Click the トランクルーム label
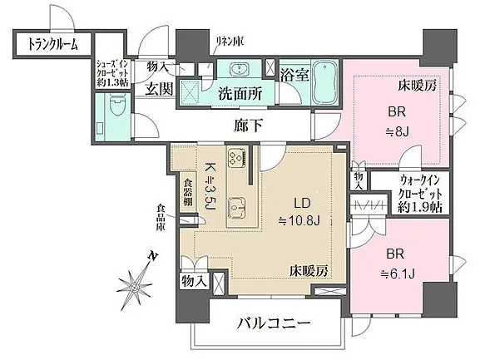pos(52,44)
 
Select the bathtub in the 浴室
pos(326,81)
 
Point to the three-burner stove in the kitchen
pos(236,156)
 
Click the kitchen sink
pos(239,209)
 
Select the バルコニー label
pos(274,323)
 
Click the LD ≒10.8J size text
pos(299,211)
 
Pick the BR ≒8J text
pos(397,121)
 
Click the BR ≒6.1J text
pos(398,264)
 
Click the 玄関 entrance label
pos(159,89)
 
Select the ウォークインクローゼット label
pos(420,195)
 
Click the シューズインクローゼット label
pos(113,73)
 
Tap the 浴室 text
pos(294,74)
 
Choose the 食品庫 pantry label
pos(161,217)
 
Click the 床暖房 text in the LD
pos(309,271)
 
